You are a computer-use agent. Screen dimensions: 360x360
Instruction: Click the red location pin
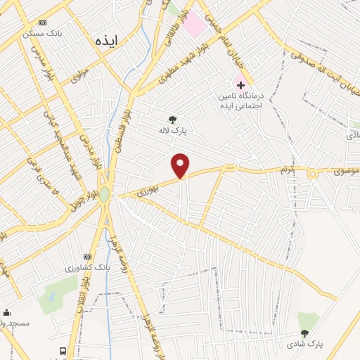tap(181, 165)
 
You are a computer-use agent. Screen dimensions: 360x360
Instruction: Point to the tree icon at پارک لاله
tap(172, 119)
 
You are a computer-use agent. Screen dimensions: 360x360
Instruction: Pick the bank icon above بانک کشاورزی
tap(87, 257)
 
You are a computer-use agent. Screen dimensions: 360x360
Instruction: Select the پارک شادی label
tap(304, 345)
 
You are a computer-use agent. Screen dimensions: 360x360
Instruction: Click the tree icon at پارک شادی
tap(304, 333)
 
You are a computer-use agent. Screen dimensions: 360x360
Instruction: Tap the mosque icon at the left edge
tap(7, 312)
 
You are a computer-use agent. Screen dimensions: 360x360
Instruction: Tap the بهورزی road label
tap(148, 187)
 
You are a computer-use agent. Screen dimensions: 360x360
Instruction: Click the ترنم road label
tap(302, 169)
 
